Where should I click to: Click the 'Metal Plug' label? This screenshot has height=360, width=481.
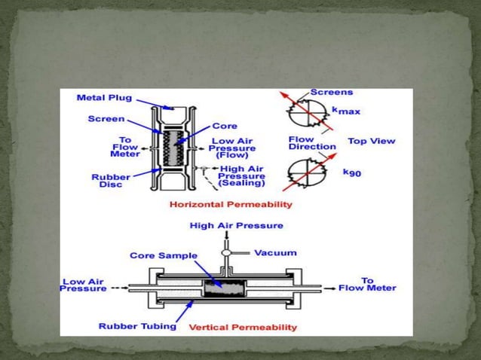tap(105, 97)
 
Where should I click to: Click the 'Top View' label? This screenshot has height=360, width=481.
tap(371, 141)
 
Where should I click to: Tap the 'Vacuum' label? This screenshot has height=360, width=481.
tap(276, 253)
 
